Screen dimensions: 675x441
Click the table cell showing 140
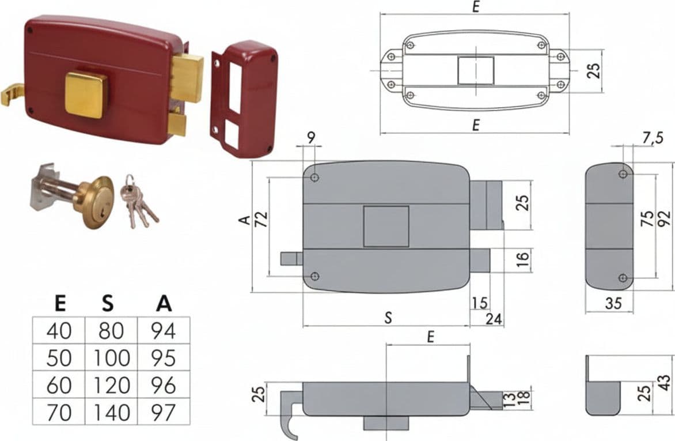pyautogui.click(x=111, y=412)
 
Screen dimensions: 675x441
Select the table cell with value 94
pyautogui.click(x=164, y=331)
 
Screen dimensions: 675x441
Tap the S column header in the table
pyautogui.click(x=108, y=304)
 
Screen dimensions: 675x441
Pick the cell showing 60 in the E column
pyautogui.click(x=59, y=385)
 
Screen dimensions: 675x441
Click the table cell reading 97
pyautogui.click(x=164, y=412)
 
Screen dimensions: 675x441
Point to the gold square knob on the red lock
pyautogui.click(x=85, y=95)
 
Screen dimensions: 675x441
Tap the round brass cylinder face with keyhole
pyautogui.click(x=97, y=202)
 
